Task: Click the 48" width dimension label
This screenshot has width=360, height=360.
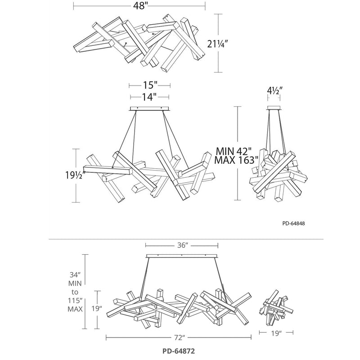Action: (x=139, y=6)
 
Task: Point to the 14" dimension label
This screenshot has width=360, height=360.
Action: (x=149, y=97)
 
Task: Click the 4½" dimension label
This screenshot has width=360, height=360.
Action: (x=274, y=90)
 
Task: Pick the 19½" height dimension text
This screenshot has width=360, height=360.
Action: (x=75, y=175)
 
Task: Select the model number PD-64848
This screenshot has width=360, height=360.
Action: (x=294, y=223)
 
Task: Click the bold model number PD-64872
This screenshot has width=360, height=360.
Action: (x=179, y=351)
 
